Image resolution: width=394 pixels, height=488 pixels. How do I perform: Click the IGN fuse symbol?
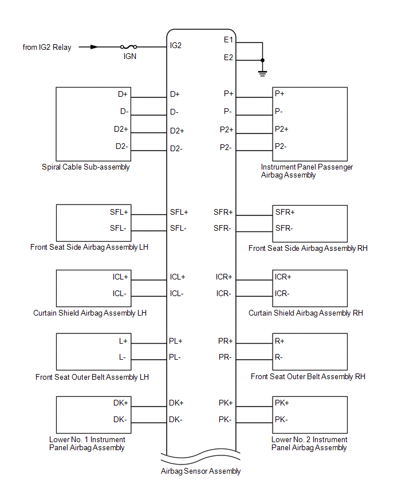[x=128, y=47]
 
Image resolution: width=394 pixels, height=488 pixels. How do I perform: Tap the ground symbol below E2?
[x=262, y=74]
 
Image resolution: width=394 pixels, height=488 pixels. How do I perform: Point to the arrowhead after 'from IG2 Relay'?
[x=94, y=47]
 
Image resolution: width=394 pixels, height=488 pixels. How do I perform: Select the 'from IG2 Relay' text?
[x=47, y=48]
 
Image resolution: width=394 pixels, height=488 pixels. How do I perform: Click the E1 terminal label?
[x=228, y=40]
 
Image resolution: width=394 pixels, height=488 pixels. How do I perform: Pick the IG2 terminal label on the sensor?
[x=176, y=45]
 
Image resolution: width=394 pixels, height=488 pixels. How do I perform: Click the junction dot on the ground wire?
[x=262, y=60]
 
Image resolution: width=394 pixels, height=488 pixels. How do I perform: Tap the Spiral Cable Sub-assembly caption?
[x=85, y=167]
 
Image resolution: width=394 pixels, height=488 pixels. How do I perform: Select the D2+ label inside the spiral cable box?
[x=121, y=129]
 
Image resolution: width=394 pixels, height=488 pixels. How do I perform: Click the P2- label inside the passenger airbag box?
[x=281, y=146]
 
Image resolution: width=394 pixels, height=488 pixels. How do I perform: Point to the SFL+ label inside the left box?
[x=119, y=212]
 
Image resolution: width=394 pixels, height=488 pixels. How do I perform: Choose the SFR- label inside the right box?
[x=284, y=228]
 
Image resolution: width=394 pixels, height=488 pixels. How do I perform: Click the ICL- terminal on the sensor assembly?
[x=176, y=293]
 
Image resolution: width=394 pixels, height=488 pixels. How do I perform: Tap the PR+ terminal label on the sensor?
[x=225, y=341]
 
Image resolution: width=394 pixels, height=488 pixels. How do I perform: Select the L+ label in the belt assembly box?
[x=123, y=341]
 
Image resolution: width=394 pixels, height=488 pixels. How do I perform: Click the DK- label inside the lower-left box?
[x=120, y=419]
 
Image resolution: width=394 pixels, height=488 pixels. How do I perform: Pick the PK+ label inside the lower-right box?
[x=282, y=403]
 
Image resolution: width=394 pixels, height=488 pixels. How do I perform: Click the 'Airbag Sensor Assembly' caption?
[x=201, y=471]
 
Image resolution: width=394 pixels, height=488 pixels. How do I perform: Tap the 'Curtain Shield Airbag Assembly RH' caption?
[x=306, y=313]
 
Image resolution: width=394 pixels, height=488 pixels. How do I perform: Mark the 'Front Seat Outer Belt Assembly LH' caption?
[x=92, y=377]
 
